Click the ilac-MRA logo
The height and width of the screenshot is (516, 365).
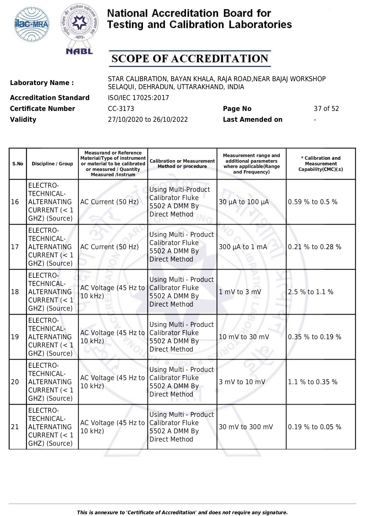32,24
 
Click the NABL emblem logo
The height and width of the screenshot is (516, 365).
79,29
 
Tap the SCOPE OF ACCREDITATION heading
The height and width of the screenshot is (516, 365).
190,59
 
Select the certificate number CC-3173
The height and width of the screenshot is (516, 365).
121,109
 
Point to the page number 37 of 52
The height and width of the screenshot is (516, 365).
326,109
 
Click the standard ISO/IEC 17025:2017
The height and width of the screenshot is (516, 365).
138,98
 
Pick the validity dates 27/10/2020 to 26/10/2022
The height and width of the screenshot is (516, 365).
148,119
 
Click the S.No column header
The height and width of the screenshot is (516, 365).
18,164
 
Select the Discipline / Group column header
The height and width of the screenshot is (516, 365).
52,164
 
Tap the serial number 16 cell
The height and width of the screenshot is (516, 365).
15,202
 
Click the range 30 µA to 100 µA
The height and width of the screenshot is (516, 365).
244,202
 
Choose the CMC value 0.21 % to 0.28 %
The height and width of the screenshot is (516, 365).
314,247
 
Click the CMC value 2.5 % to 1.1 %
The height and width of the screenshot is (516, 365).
311,292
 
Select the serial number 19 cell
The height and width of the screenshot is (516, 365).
15,337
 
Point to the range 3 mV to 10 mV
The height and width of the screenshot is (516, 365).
242,382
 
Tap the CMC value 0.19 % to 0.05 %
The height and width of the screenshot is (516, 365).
314,427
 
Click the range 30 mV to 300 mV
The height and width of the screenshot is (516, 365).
246,427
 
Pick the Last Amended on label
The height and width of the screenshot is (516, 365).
252,119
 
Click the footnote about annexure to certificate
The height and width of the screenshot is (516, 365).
182,512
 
